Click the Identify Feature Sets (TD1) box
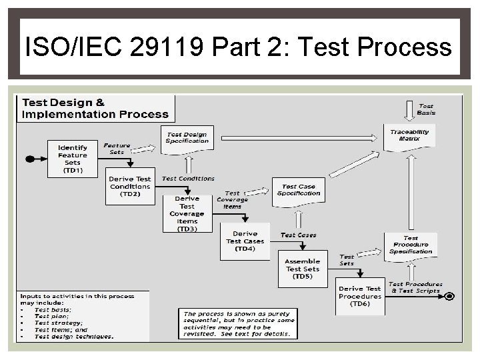click(x=73, y=159)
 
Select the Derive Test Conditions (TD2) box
click(x=130, y=185)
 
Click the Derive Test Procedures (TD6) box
click(x=360, y=296)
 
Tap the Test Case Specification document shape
click(x=299, y=191)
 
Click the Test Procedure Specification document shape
click(x=410, y=245)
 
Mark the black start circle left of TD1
click(x=29, y=159)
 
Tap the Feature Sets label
click(x=117, y=147)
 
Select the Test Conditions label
click(x=189, y=179)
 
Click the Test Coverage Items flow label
click(x=232, y=199)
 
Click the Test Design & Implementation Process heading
click(x=95, y=109)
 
